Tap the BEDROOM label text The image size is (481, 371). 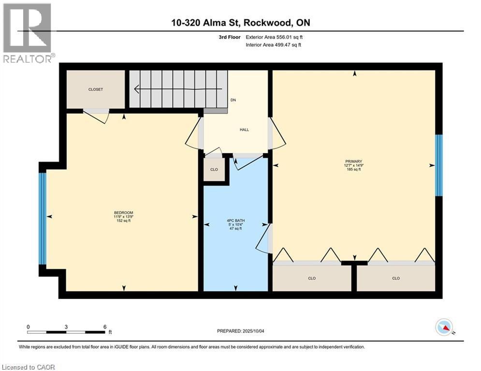(123, 213)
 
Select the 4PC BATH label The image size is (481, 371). (235, 221)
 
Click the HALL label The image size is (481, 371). (244, 129)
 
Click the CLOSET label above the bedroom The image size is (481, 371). (95, 89)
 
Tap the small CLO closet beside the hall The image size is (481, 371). (214, 170)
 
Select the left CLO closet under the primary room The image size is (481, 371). (312, 278)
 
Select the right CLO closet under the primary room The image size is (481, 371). (396, 278)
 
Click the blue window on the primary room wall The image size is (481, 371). (438, 165)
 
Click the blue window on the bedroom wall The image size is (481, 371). (43, 219)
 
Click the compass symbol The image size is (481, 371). (444, 328)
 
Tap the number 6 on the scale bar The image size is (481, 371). (105, 327)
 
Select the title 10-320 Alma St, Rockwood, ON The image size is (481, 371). (240, 23)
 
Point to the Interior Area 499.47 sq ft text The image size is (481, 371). (274, 44)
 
